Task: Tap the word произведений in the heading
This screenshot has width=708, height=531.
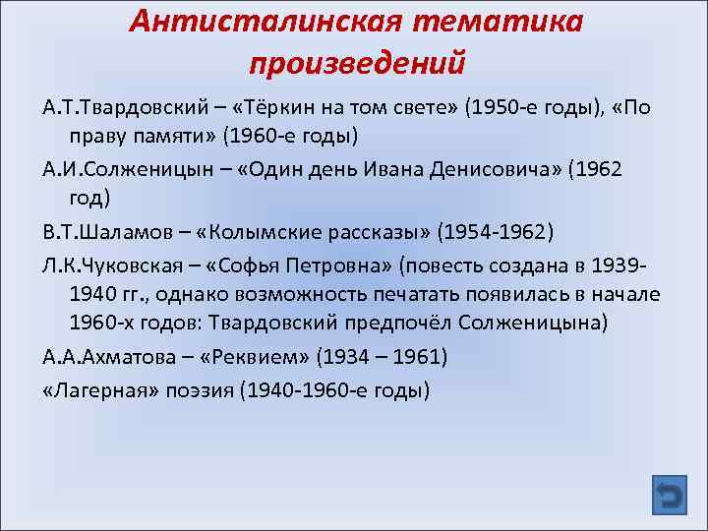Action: [x=356, y=63]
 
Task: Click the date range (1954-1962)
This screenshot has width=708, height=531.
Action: [x=498, y=232]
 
